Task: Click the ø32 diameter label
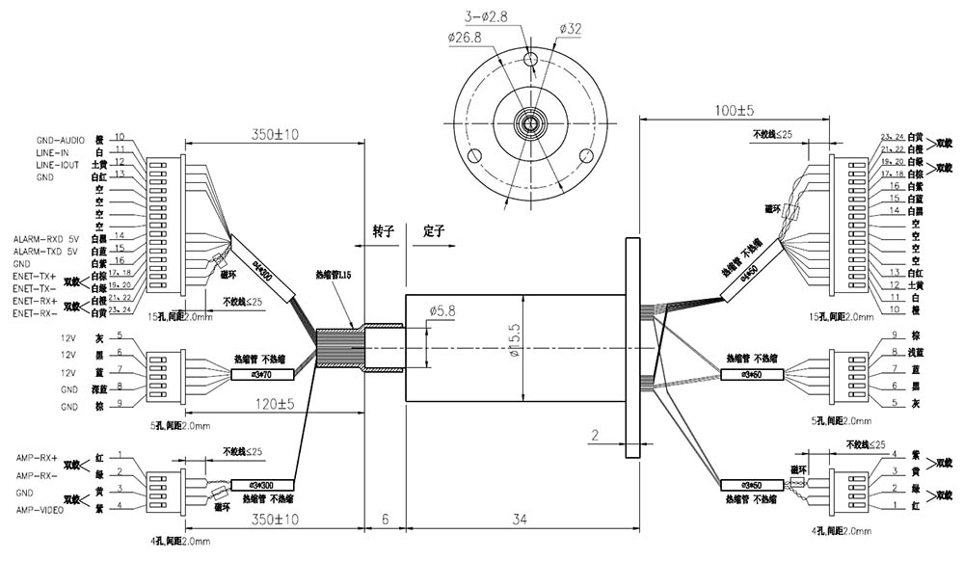[570, 29]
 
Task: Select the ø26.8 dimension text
[465, 37]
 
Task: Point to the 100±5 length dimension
[735, 111]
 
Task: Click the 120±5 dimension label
[273, 404]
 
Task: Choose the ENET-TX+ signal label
[35, 276]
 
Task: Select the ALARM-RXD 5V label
[47, 237]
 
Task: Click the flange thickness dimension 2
[597, 436]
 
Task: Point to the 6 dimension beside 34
[385, 520]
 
